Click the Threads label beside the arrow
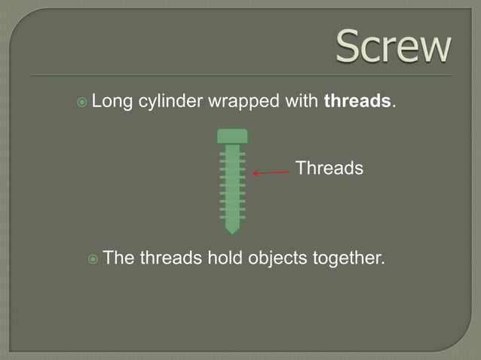click(329, 168)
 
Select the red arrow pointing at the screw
click(271, 172)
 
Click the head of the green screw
click(232, 136)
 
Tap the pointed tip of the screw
click(232, 229)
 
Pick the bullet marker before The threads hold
click(93, 259)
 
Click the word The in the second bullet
click(118, 258)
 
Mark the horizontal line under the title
click(241, 75)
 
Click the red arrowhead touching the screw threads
click(255, 173)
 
